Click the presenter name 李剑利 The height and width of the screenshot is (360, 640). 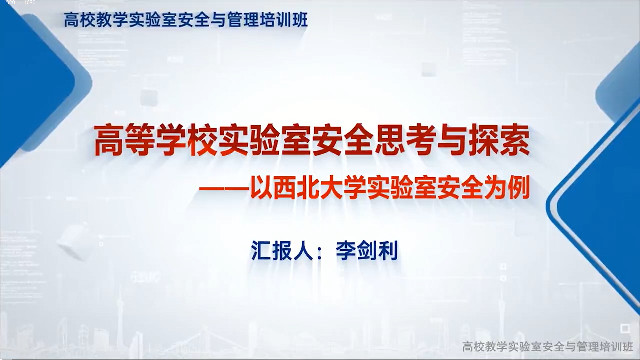367,250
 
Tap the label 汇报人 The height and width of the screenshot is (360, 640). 282,250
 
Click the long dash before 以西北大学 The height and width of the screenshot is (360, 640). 224,189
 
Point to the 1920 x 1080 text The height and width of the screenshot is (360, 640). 19,3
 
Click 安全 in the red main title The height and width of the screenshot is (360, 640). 343,140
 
